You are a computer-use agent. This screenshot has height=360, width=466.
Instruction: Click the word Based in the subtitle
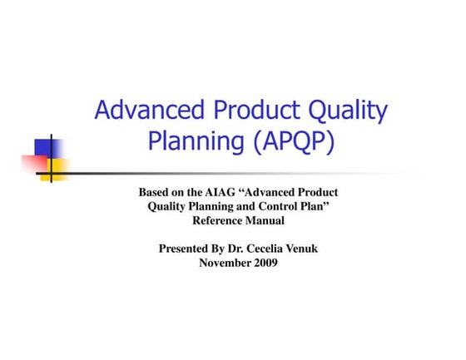coord(155,193)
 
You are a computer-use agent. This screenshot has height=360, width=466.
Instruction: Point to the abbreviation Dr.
coord(245,249)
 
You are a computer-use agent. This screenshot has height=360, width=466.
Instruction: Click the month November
coord(226,263)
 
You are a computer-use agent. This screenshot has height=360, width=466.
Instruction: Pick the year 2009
coord(265,263)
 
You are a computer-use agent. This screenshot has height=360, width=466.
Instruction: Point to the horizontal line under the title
coord(250,173)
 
